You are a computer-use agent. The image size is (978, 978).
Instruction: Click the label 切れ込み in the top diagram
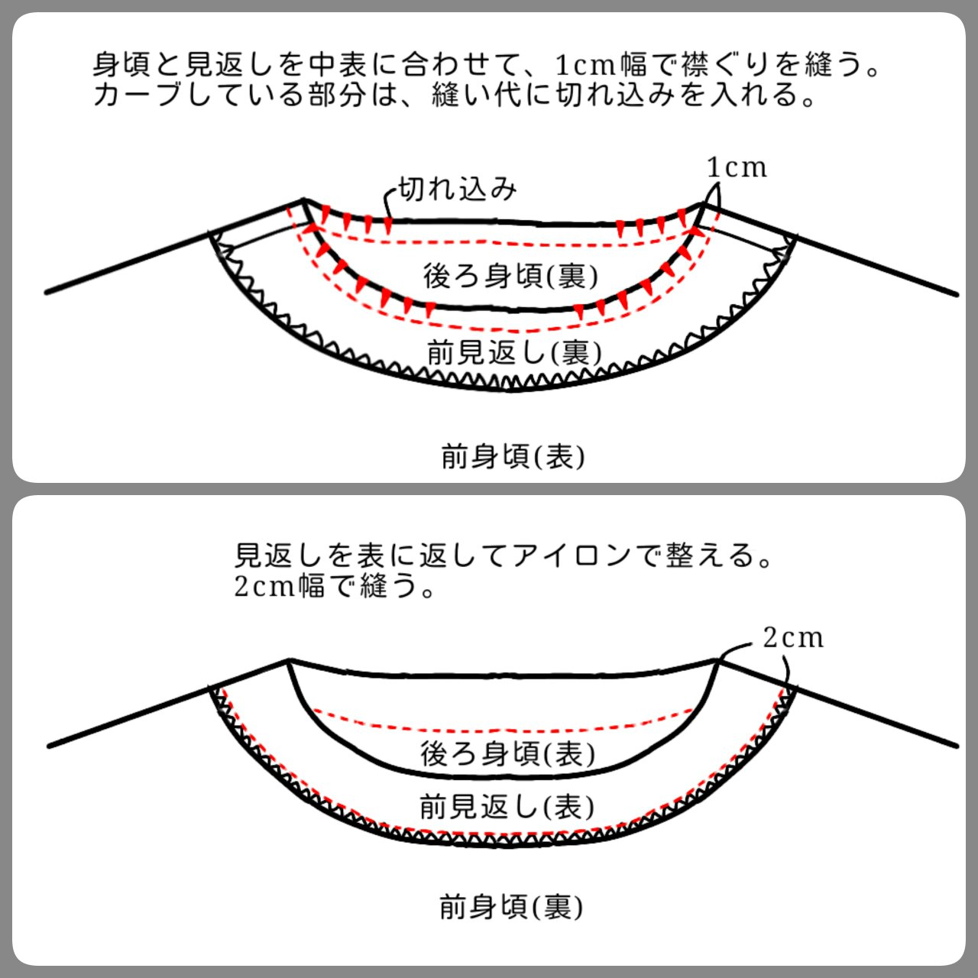pos(458,188)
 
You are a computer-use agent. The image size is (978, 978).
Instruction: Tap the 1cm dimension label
pos(737,167)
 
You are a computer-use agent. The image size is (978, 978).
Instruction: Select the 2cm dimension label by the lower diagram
pos(793,637)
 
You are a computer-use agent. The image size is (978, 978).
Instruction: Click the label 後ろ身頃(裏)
pos(510,275)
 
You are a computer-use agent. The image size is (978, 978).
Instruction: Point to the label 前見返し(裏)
pos(514,352)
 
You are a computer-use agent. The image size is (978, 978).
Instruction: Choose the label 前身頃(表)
pos(513,457)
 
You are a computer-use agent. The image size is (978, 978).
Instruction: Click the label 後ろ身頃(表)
pos(507,753)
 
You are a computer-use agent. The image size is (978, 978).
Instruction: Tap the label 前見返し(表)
pos(507,806)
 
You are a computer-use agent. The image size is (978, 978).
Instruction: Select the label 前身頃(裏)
pos(511,908)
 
